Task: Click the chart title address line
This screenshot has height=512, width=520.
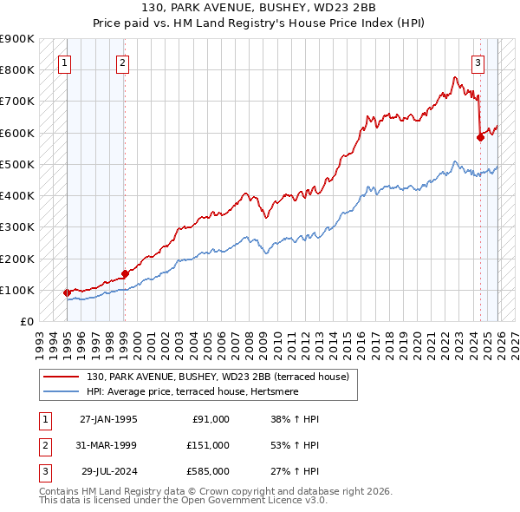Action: point(260,9)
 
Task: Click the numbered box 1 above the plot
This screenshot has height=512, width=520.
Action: point(66,62)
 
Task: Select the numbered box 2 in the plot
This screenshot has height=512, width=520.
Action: point(123,62)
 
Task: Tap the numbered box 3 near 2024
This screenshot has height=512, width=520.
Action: point(478,62)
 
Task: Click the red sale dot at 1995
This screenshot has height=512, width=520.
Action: point(68,292)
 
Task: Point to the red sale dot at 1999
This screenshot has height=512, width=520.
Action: point(126,273)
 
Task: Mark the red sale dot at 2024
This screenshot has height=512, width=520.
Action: point(480,136)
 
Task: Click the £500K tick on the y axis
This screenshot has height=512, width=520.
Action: point(17,164)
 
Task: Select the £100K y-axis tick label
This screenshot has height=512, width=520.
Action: point(17,290)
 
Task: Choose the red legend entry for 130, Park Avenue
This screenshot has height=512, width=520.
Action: point(217,377)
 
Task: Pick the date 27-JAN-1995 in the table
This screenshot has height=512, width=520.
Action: point(108,419)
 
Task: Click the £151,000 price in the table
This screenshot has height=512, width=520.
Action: point(208,445)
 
